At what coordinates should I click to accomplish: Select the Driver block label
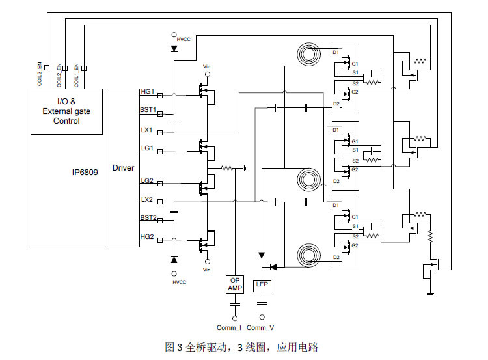point(123,168)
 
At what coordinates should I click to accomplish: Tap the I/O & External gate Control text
point(66,111)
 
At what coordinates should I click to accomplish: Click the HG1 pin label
point(147,92)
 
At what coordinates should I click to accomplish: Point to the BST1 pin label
point(148,110)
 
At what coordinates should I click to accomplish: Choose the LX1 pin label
point(147,130)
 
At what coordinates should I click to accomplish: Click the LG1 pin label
point(147,148)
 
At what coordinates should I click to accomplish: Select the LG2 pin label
point(147,181)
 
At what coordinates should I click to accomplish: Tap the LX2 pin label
point(147,200)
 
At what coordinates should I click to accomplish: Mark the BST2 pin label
point(148,218)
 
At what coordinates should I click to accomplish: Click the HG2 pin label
point(147,237)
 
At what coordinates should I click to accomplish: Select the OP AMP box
point(234,284)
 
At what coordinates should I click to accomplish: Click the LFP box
point(262,284)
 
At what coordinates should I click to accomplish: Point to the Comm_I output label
point(229,327)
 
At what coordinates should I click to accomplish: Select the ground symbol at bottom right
point(429,294)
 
